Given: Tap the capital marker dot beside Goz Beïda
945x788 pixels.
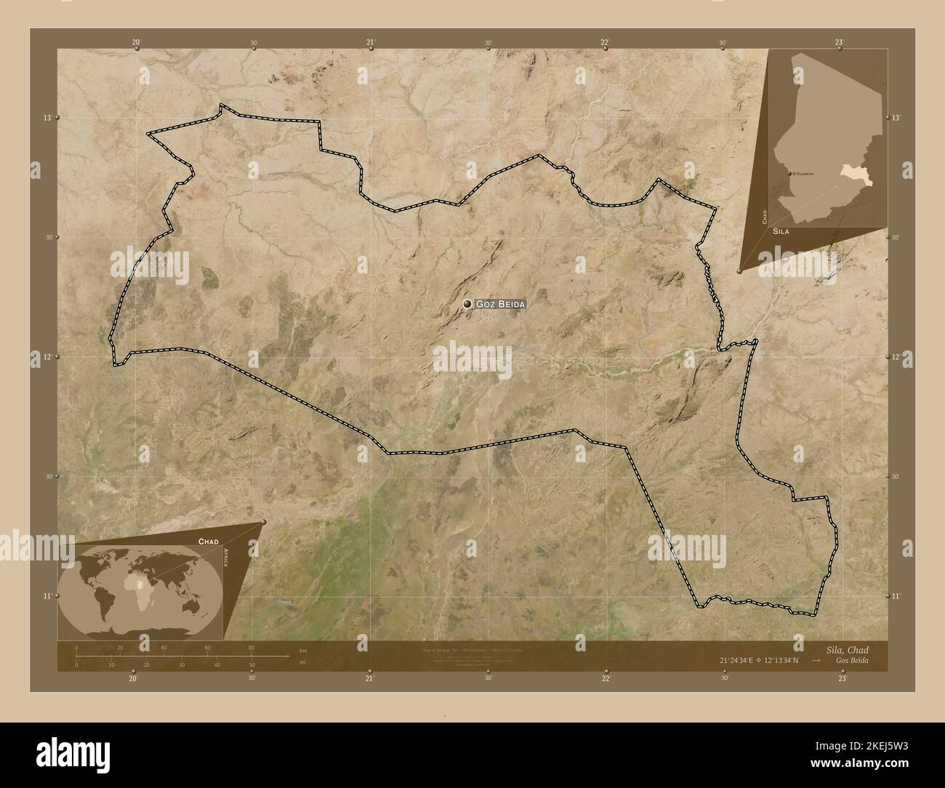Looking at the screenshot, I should [x=467, y=304].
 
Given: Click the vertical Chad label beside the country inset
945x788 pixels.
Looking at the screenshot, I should [x=764, y=216].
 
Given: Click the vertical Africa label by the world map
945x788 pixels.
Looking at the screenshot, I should [x=226, y=562].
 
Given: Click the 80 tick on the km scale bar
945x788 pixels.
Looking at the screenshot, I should [x=251, y=647].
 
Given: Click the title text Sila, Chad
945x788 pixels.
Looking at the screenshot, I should [x=847, y=649].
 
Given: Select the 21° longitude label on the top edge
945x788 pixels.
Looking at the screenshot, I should [x=370, y=43].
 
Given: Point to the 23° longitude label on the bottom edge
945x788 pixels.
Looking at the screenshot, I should [x=842, y=678].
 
